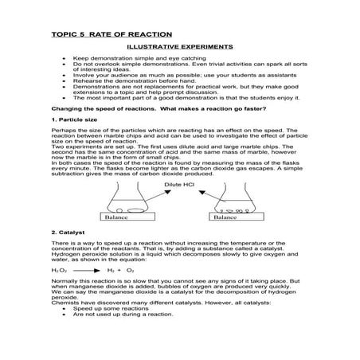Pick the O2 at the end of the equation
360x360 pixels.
pos(130,271)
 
